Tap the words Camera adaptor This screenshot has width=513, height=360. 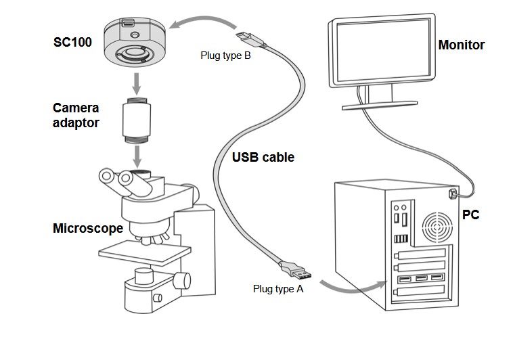point(76,115)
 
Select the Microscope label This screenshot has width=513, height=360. point(88,228)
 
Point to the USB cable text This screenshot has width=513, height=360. point(263,157)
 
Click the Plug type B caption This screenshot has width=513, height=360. point(225,55)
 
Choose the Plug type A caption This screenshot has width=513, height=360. point(278,288)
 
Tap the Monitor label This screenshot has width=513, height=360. point(462,45)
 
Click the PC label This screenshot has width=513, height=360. point(471,215)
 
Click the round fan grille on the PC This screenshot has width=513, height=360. point(434,229)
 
